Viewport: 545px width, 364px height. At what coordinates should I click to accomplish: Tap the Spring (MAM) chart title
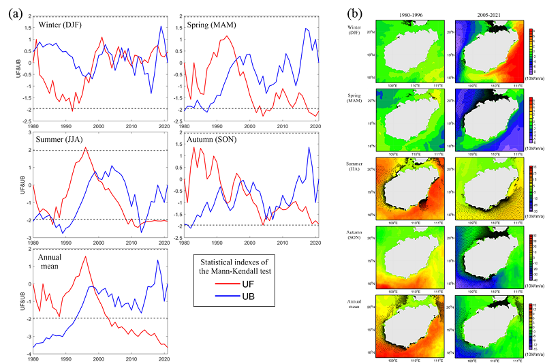tap(212, 25)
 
